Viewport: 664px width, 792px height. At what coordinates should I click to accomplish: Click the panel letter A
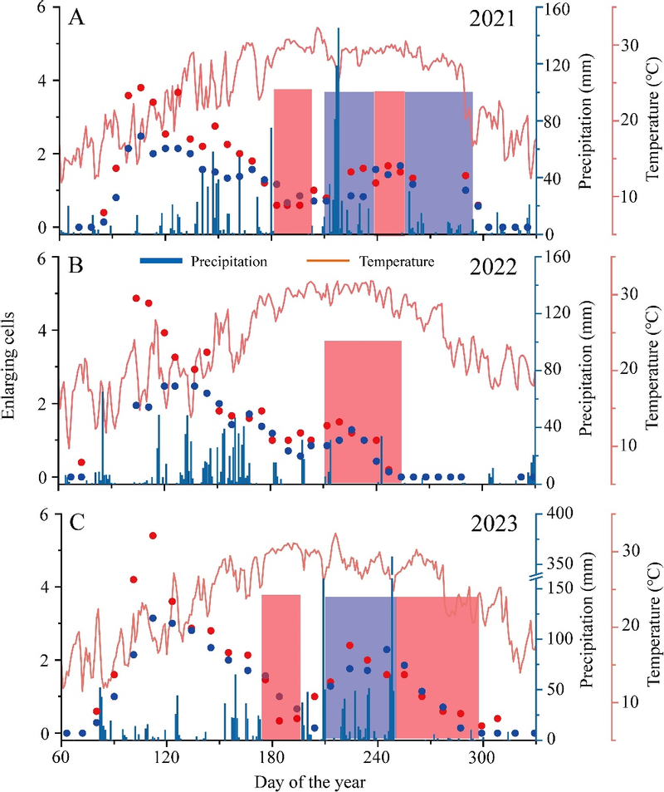[76, 17]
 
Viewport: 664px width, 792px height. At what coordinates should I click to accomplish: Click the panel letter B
[76, 265]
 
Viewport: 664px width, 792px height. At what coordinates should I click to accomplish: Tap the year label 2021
[493, 18]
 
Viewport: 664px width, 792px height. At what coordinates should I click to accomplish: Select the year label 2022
[493, 266]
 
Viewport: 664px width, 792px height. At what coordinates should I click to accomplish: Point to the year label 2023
[494, 524]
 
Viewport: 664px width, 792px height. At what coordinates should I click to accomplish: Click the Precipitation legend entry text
[229, 262]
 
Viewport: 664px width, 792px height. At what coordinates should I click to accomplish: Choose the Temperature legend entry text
[397, 262]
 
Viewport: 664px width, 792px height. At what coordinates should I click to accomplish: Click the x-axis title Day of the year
[310, 781]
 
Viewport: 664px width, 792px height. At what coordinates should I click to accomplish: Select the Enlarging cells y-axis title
[8, 366]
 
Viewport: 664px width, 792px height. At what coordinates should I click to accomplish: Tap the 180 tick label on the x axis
[272, 759]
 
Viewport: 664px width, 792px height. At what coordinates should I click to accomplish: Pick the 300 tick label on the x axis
[483, 759]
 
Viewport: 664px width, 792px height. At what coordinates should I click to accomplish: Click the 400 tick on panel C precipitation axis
[559, 514]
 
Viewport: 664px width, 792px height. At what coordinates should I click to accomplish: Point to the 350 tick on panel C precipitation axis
[559, 563]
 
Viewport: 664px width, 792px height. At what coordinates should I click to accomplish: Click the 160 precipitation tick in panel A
[557, 9]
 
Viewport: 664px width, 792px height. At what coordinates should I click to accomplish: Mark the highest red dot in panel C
[153, 535]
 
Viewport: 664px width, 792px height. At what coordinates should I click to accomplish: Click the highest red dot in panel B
[136, 298]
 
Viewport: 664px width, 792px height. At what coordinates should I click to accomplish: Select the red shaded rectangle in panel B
[363, 411]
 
